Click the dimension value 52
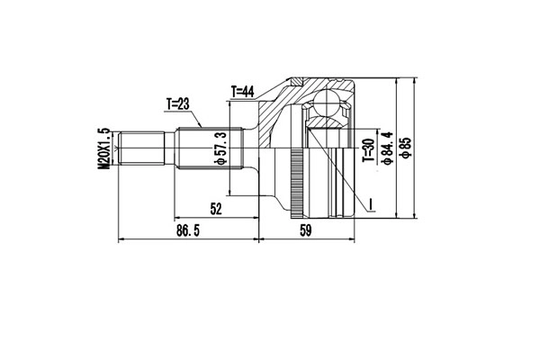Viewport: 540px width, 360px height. click(216, 209)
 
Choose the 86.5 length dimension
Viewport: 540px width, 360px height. click(186, 231)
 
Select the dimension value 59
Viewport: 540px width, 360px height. click(306, 231)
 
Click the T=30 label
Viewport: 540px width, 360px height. click(367, 149)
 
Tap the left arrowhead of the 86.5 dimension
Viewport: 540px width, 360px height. click(122, 240)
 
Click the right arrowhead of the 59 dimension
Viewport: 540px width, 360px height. click(355, 240)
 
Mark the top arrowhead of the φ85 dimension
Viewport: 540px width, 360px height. click(413, 81)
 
